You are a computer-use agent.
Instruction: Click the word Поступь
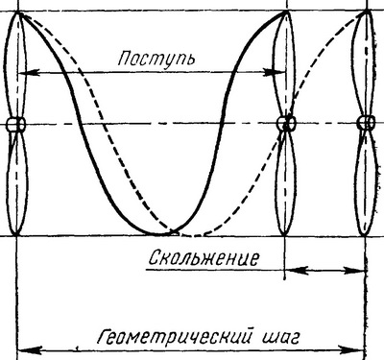(156, 59)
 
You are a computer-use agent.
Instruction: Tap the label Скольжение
(204, 258)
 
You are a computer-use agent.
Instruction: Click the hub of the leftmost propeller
(16, 124)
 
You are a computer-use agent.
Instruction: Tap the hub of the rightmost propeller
(366, 123)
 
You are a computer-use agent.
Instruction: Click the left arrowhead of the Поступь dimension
(28, 73)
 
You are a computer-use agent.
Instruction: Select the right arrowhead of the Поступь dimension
(275, 73)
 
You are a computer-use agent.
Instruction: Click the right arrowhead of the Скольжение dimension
(355, 271)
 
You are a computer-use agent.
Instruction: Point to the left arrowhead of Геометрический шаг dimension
(30, 349)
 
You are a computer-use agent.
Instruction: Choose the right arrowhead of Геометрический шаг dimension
(351, 349)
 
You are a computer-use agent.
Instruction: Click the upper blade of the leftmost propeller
(15, 64)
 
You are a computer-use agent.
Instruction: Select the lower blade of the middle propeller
(286, 182)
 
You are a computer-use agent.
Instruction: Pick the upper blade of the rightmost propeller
(364, 64)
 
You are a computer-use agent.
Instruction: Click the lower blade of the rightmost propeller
(366, 182)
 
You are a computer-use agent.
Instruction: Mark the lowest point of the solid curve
(158, 234)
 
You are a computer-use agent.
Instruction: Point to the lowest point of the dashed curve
(192, 236)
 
